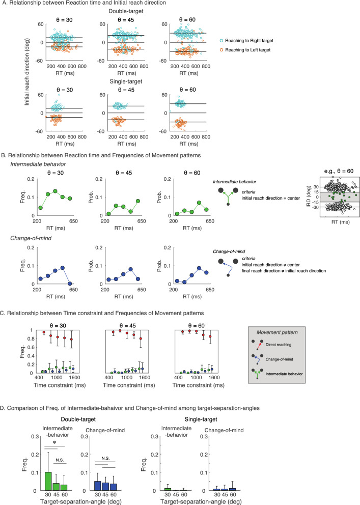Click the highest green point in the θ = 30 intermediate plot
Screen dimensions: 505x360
(56, 191)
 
